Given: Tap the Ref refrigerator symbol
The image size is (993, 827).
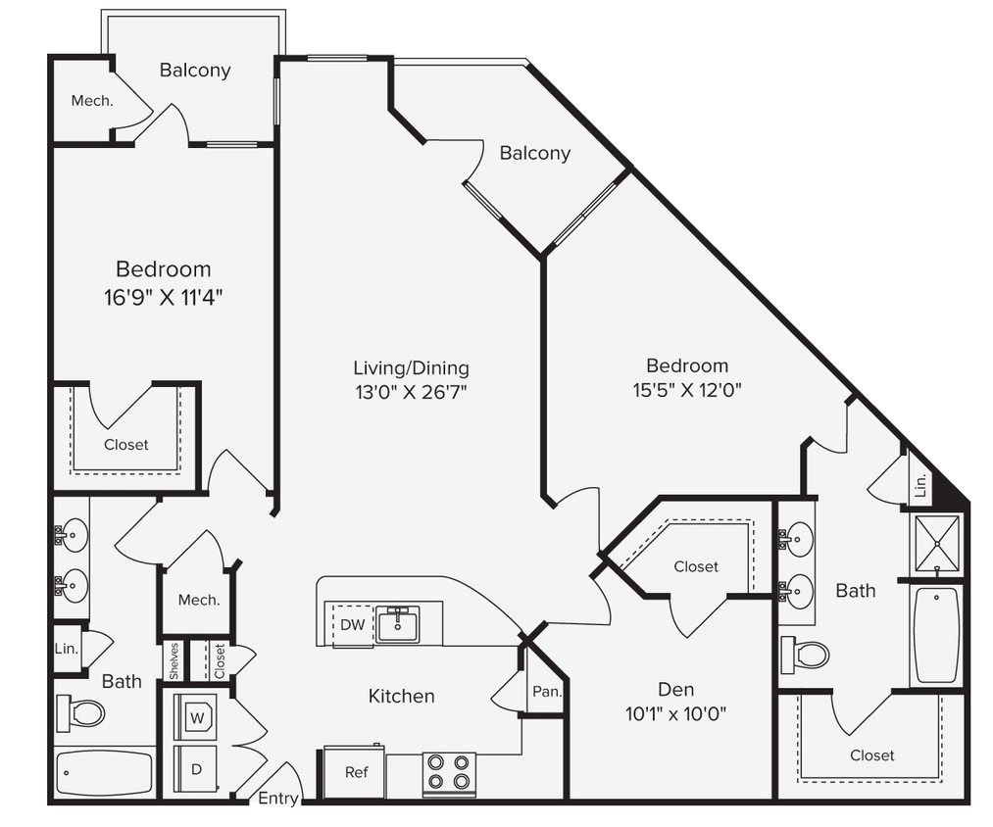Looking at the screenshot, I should [356, 772].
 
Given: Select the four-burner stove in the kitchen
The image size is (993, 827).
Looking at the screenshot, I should [449, 773].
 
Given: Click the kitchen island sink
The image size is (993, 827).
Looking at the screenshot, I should [398, 624].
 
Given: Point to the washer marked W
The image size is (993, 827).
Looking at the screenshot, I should [198, 717].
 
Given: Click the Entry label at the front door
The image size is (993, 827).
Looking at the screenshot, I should [277, 799].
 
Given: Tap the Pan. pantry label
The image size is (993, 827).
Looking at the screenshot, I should [546, 692].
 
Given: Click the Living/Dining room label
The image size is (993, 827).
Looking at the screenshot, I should [411, 368].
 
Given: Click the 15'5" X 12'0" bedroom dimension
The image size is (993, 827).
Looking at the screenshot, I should [686, 389].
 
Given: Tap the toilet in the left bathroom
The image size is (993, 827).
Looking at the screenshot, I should [82, 712].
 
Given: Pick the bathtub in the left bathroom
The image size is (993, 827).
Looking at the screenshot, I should [104, 773].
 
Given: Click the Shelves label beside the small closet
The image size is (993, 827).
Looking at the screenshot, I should [174, 661].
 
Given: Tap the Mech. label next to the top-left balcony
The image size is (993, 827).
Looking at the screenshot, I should [92, 100].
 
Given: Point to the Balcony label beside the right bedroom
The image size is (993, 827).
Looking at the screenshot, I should [534, 153].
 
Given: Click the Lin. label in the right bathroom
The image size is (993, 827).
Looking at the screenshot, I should [919, 486].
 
